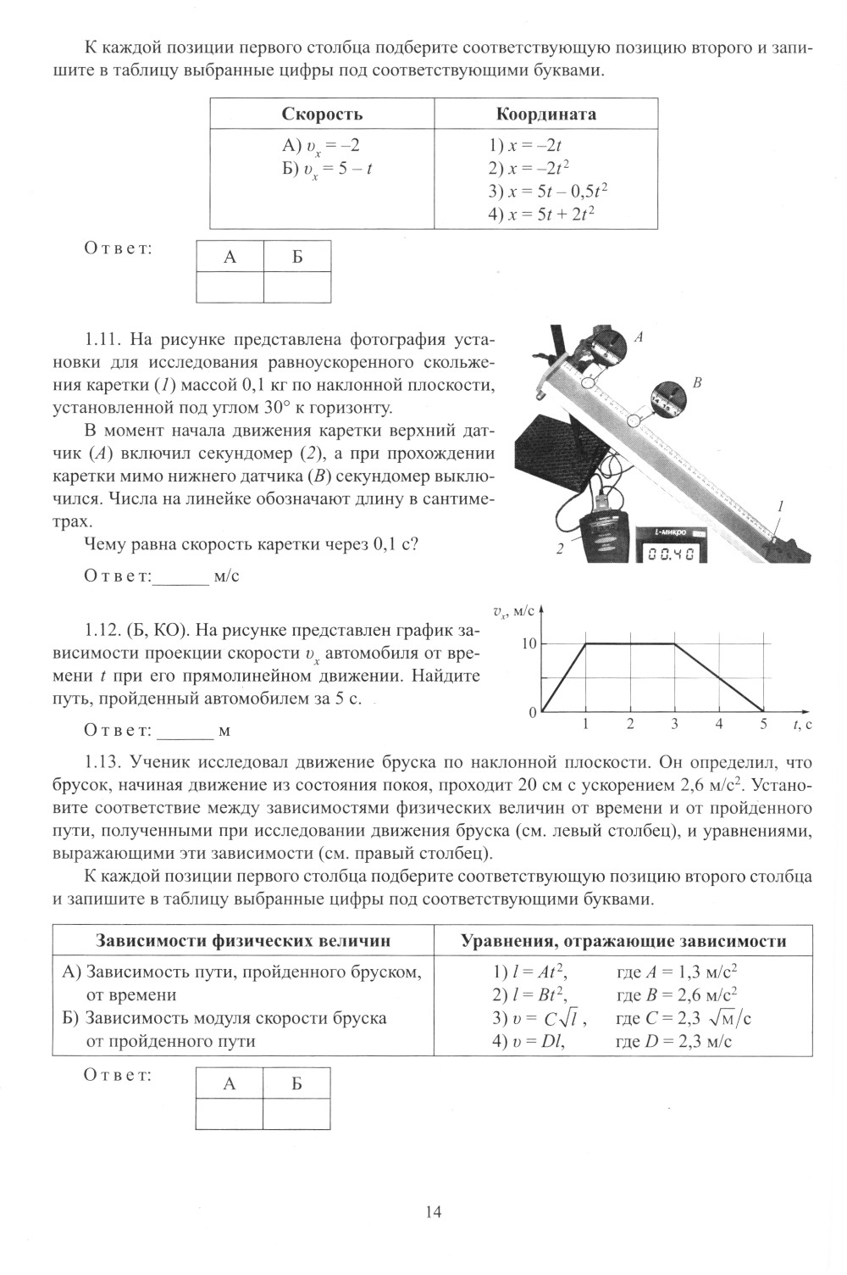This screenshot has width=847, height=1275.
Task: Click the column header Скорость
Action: (x=322, y=114)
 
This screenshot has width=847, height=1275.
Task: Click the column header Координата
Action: (x=545, y=114)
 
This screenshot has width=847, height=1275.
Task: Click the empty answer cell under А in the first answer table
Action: (x=230, y=287)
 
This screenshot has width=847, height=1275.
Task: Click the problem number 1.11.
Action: (x=105, y=341)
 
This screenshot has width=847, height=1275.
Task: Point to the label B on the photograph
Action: (x=697, y=382)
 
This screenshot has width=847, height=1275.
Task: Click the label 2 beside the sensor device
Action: (x=559, y=550)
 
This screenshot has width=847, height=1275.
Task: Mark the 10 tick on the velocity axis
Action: (x=529, y=643)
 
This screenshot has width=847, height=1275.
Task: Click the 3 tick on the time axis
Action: (x=674, y=724)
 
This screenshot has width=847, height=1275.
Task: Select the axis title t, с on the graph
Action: (x=802, y=724)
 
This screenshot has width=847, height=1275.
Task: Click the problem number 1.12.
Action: (x=105, y=631)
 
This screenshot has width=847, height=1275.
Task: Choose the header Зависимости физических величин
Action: (x=243, y=940)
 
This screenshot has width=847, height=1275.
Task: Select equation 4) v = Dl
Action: (x=529, y=1041)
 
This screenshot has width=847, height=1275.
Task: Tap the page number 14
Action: (x=433, y=1211)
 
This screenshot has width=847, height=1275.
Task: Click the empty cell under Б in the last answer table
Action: (x=296, y=1114)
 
